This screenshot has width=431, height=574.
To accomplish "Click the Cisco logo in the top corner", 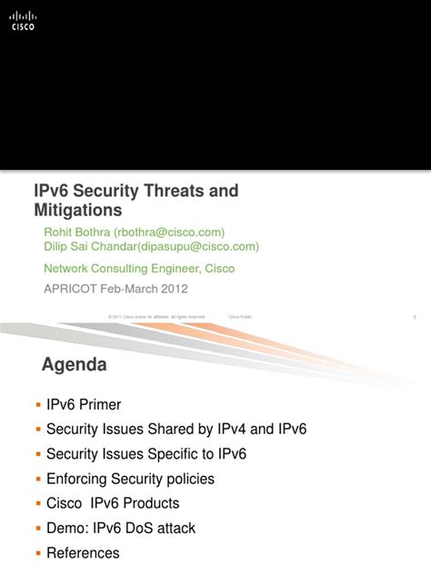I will [23, 20].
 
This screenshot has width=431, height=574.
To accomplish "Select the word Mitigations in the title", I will [77, 211].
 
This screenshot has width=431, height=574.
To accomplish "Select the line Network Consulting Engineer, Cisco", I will [139, 268].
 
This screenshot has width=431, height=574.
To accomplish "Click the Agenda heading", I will [75, 365].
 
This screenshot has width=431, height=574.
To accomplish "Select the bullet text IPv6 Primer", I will [84, 405].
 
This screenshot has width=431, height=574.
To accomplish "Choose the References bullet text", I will [83, 552].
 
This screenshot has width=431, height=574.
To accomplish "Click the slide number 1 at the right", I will [414, 317].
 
